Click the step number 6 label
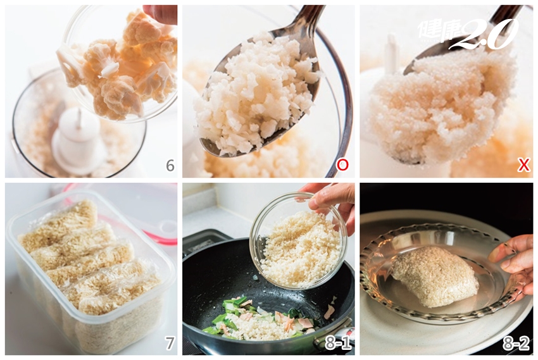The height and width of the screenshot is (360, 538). click(x=170, y=165)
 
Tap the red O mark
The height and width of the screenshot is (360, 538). click(x=342, y=165)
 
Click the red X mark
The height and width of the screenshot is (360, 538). click(x=523, y=165)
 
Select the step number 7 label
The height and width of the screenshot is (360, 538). click(x=170, y=343)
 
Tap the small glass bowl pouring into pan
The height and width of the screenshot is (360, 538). click(x=299, y=240)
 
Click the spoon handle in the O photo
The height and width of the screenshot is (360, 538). click(x=309, y=19)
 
